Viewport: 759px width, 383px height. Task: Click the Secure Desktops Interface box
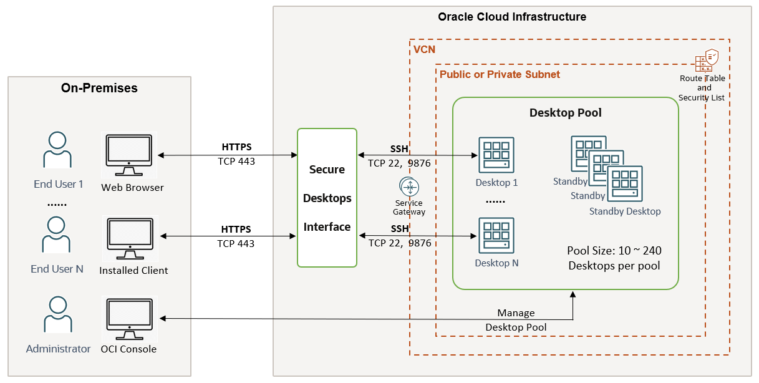(x=327, y=198)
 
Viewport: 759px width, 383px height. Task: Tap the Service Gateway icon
(x=409, y=187)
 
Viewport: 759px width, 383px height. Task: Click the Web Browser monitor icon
(x=128, y=154)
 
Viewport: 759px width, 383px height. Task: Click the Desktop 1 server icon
(x=496, y=155)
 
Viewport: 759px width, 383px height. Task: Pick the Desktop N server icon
(x=496, y=235)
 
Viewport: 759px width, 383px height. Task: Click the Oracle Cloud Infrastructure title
(x=512, y=17)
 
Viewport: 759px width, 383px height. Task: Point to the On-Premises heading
(x=99, y=88)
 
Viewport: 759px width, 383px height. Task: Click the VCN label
(x=424, y=49)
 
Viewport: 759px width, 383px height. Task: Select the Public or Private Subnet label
(x=500, y=74)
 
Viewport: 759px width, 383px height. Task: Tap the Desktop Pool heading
(x=565, y=113)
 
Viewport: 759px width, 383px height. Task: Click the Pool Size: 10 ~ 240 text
(x=614, y=251)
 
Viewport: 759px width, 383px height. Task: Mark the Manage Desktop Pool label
(x=516, y=320)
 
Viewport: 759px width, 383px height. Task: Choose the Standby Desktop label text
(x=624, y=211)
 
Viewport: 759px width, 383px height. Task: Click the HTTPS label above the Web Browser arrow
(x=236, y=148)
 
